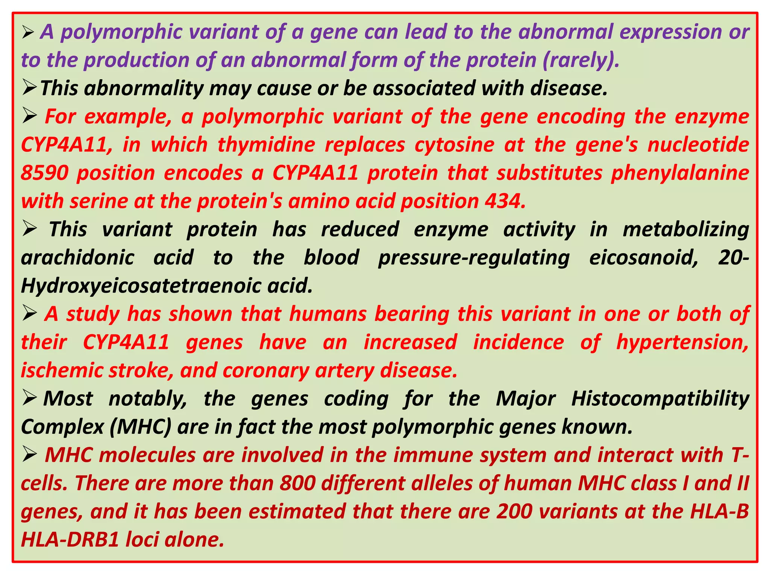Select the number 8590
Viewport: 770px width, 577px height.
click(x=44, y=173)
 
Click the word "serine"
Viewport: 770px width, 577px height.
click(x=99, y=201)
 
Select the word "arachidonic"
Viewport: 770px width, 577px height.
click(x=77, y=258)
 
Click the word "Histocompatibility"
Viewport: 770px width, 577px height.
click(x=660, y=399)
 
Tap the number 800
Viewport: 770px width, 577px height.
click(x=297, y=483)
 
